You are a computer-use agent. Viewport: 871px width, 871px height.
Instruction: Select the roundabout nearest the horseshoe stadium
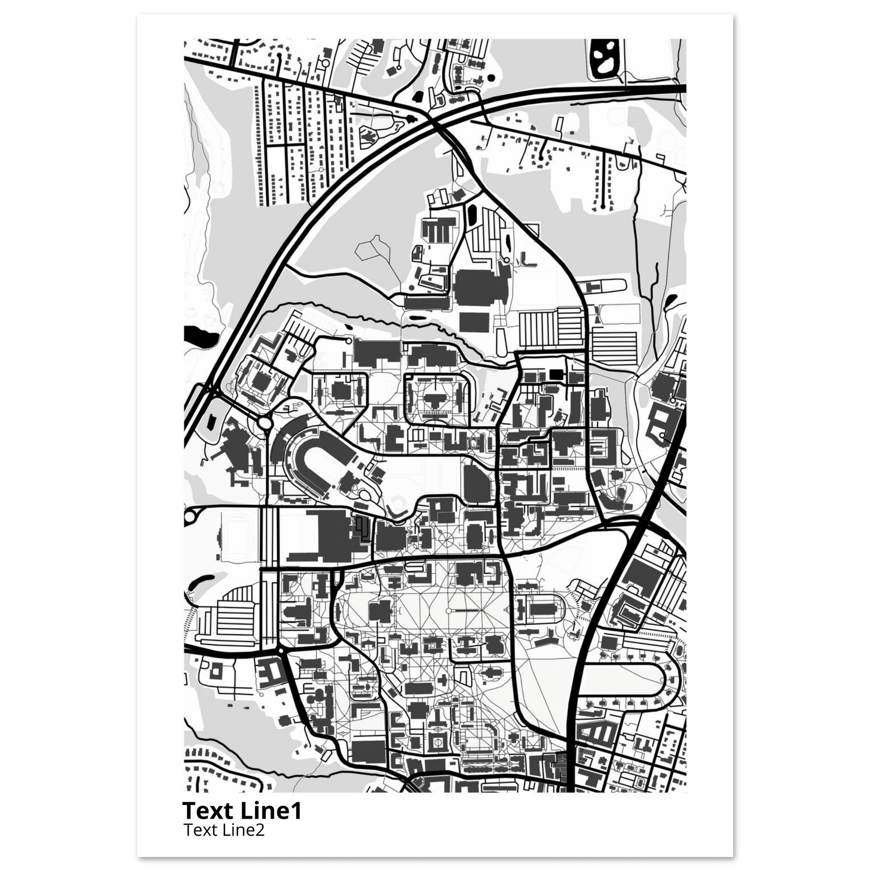(x=264, y=423)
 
